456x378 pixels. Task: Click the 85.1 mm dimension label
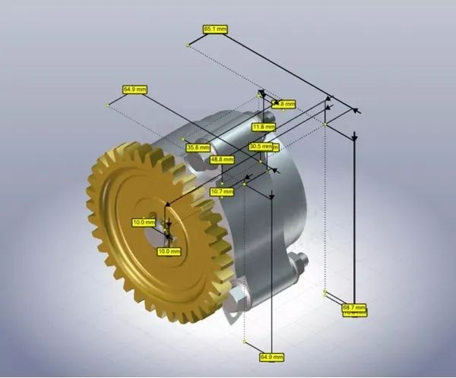tap(215, 29)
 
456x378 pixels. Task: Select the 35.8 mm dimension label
tap(198, 147)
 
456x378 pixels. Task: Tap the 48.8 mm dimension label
tap(222, 159)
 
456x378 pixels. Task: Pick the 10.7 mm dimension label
tap(222, 192)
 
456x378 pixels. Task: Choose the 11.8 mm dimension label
tap(263, 127)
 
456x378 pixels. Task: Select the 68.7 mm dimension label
tap(353, 307)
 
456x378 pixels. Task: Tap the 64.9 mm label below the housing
tap(271, 356)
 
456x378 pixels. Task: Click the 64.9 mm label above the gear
tap(135, 90)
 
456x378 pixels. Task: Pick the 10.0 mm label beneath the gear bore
tap(168, 250)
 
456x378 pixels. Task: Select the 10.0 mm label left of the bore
tap(143, 222)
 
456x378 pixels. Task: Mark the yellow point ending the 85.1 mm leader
tap(188, 45)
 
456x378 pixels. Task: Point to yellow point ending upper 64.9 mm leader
tap(107, 106)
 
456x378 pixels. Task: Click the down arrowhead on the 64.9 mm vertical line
tap(271, 196)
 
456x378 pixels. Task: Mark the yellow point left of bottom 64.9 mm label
tap(244, 342)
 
